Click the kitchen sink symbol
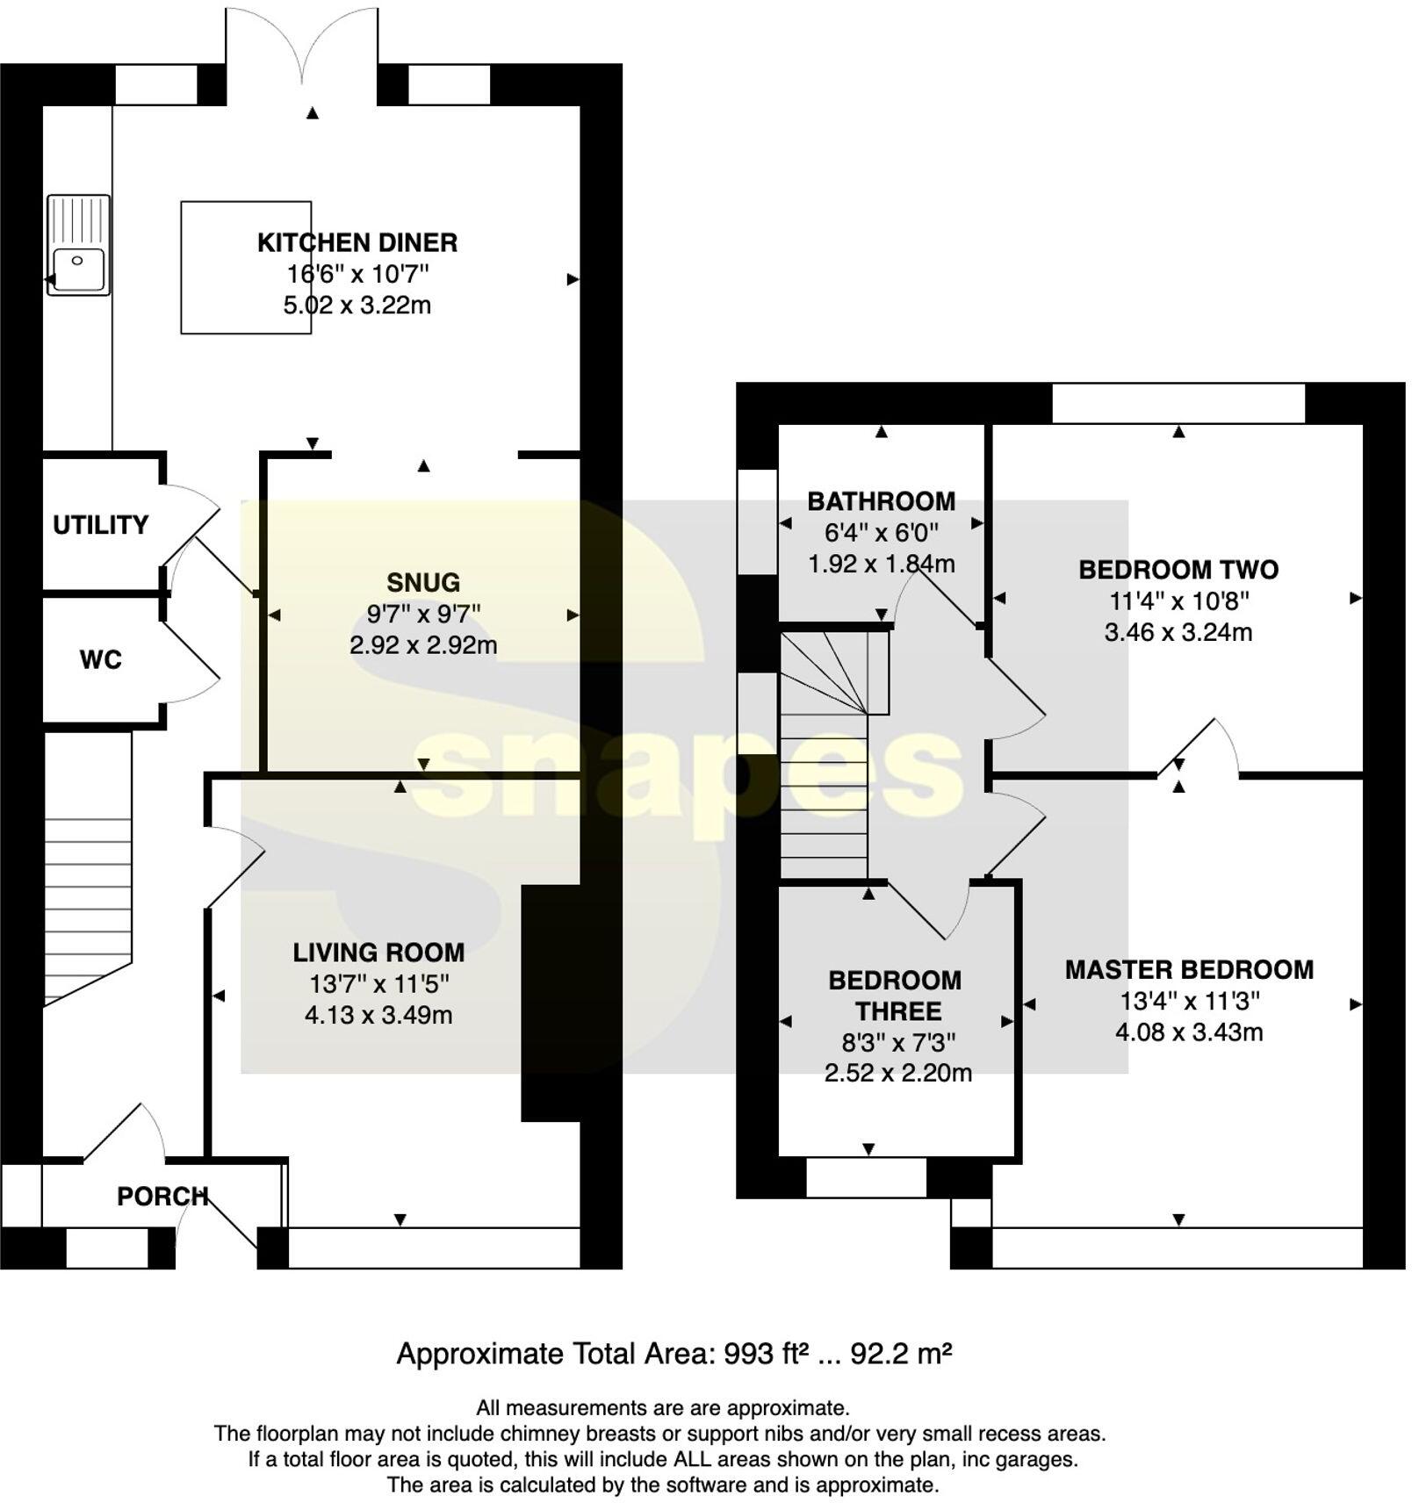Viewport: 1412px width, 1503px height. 78,245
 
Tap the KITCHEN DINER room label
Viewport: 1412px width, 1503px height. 357,242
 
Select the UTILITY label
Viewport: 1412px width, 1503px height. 100,525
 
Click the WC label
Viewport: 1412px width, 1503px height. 100,660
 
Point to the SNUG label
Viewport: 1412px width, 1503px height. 423,583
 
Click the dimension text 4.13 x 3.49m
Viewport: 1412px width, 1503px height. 378,1016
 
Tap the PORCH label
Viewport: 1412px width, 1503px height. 162,1197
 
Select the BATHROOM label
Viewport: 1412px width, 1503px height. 881,501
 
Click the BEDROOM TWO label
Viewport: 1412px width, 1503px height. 1178,570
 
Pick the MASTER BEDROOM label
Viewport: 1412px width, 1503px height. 1189,970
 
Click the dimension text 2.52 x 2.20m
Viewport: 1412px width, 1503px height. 897,1073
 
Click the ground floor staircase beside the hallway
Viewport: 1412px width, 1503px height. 88,904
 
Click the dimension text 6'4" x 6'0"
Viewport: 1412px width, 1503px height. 881,533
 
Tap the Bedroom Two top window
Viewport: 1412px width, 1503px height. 1178,404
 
